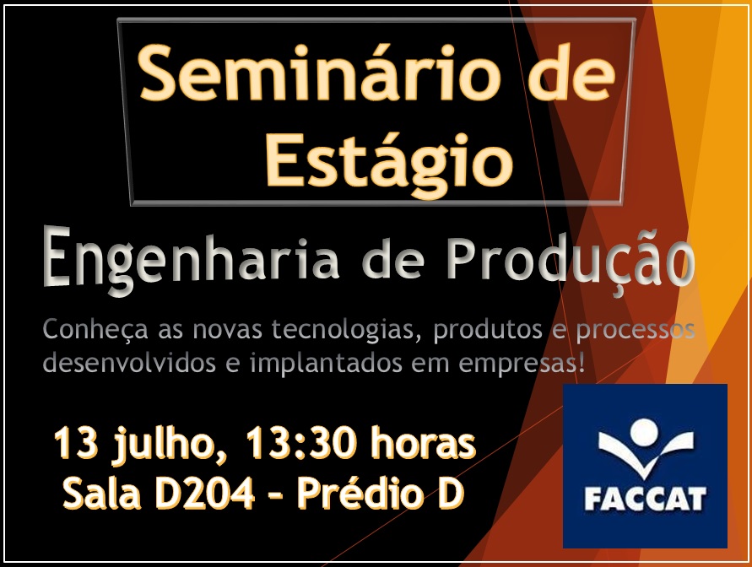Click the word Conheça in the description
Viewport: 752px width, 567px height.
(95, 330)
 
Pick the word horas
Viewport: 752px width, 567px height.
(423, 442)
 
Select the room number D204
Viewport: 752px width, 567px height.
(204, 494)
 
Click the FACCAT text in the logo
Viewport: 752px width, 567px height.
(645, 499)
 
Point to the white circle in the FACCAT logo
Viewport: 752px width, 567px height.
(643, 433)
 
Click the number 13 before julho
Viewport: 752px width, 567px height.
(76, 443)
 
